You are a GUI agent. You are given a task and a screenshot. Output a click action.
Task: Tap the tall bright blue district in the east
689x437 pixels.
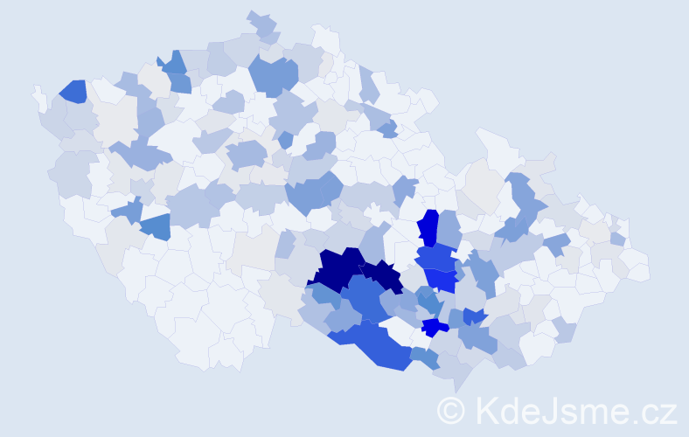tap(428, 228)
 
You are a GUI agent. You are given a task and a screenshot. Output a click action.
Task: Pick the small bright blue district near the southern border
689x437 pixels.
tap(434, 327)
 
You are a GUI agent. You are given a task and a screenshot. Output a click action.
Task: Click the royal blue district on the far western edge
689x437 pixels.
tap(73, 91)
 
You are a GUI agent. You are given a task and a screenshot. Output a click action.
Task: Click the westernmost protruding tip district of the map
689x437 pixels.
tap(38, 94)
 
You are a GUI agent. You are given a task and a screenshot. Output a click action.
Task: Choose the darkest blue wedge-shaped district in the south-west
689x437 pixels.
tap(155, 226)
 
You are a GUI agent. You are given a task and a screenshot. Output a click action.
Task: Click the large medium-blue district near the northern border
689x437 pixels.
tap(273, 76)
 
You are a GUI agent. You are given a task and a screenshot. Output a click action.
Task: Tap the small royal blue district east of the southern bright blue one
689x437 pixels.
tap(475, 316)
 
